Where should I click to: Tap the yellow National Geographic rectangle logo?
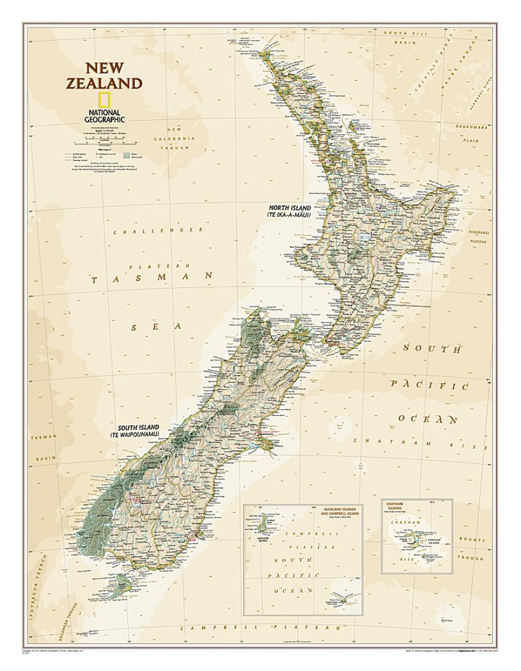point(105,100)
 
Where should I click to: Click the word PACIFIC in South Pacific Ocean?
point(429,385)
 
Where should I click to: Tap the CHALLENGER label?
point(159,231)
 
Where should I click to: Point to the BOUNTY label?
point(473,539)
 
